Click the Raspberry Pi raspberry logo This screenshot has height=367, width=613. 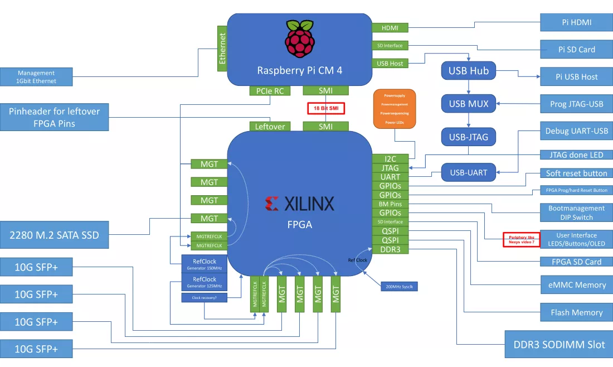tap(299, 40)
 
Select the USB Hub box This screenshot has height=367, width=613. tap(469, 71)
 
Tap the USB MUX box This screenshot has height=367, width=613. tap(469, 103)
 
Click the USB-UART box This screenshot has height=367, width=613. tap(469, 172)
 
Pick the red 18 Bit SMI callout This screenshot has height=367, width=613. tap(327, 108)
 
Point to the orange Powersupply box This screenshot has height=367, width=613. tap(395, 109)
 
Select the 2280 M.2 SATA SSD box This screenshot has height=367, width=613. tap(54, 235)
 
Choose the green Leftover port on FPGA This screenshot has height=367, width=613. tap(270, 127)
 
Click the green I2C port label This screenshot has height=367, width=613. tap(390, 159)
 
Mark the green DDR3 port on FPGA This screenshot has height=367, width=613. tap(390, 249)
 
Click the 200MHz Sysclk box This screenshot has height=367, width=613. tap(399, 286)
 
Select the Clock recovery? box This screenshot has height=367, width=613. tap(204, 298)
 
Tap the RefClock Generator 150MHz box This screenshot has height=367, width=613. tap(204, 264)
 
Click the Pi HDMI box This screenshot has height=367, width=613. tap(576, 22)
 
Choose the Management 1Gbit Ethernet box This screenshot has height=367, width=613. tap(36, 77)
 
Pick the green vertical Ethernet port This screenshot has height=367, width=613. tap(222, 49)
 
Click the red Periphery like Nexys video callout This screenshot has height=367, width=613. tap(522, 239)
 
